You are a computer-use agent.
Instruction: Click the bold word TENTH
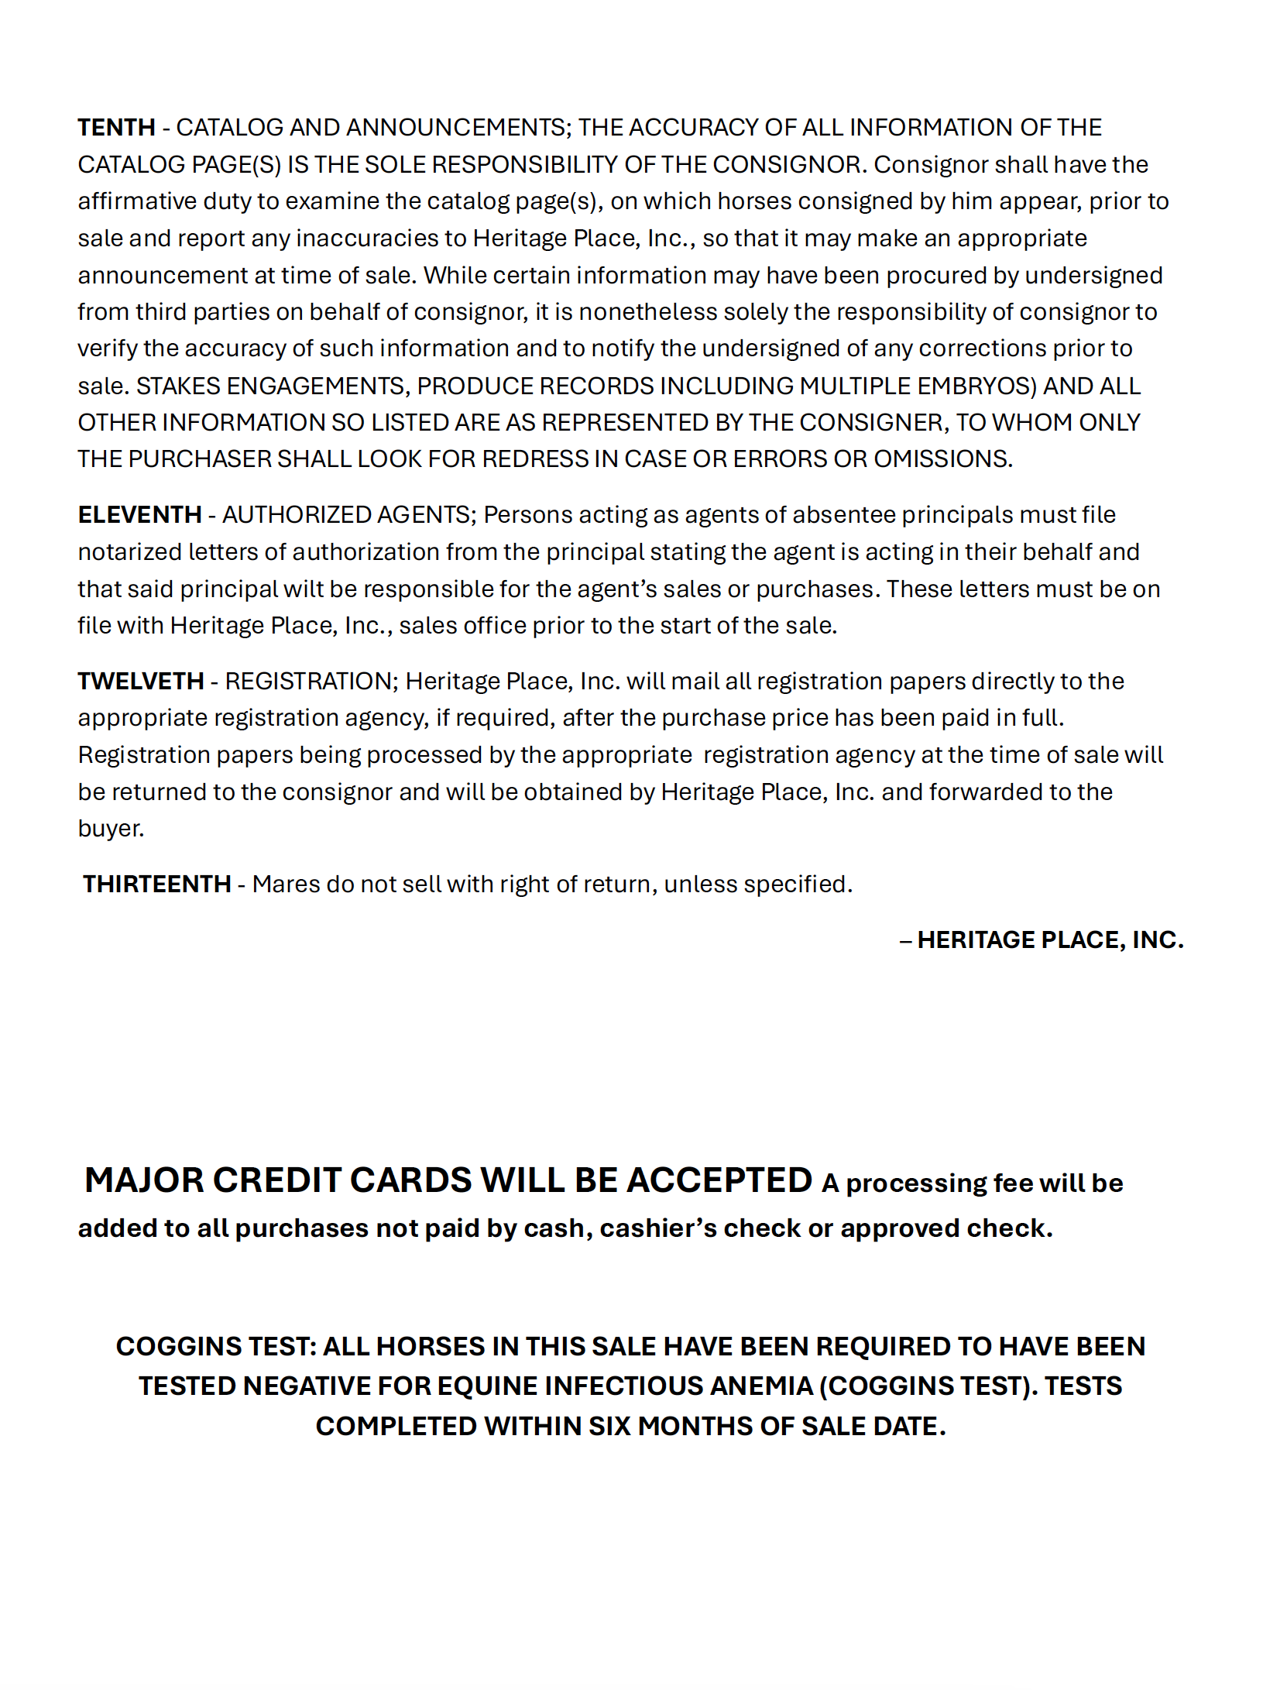coord(116,127)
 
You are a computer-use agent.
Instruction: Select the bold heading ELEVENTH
coord(139,514)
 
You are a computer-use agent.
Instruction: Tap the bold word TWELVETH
coord(140,681)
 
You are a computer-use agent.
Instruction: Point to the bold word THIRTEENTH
coord(156,884)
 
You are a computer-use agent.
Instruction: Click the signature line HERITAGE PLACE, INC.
coord(1049,939)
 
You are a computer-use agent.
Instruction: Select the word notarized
coord(129,551)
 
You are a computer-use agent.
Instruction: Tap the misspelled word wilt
coord(303,589)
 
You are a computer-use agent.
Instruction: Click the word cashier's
coord(658,1228)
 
